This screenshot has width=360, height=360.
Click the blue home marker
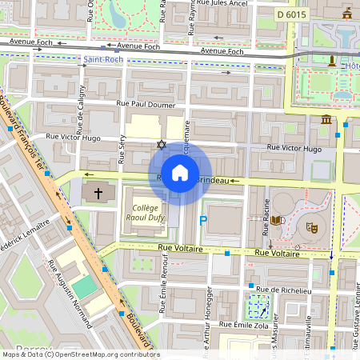(180, 173)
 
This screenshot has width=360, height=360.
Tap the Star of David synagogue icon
(161, 145)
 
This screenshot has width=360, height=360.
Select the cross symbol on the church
(98, 193)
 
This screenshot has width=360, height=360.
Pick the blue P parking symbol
(203, 220)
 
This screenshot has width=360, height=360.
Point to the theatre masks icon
(311, 227)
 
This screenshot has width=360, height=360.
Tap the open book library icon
(277, 220)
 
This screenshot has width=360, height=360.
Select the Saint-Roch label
(102, 59)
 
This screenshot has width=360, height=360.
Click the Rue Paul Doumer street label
(144, 103)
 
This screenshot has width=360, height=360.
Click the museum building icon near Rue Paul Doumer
(326, 120)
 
